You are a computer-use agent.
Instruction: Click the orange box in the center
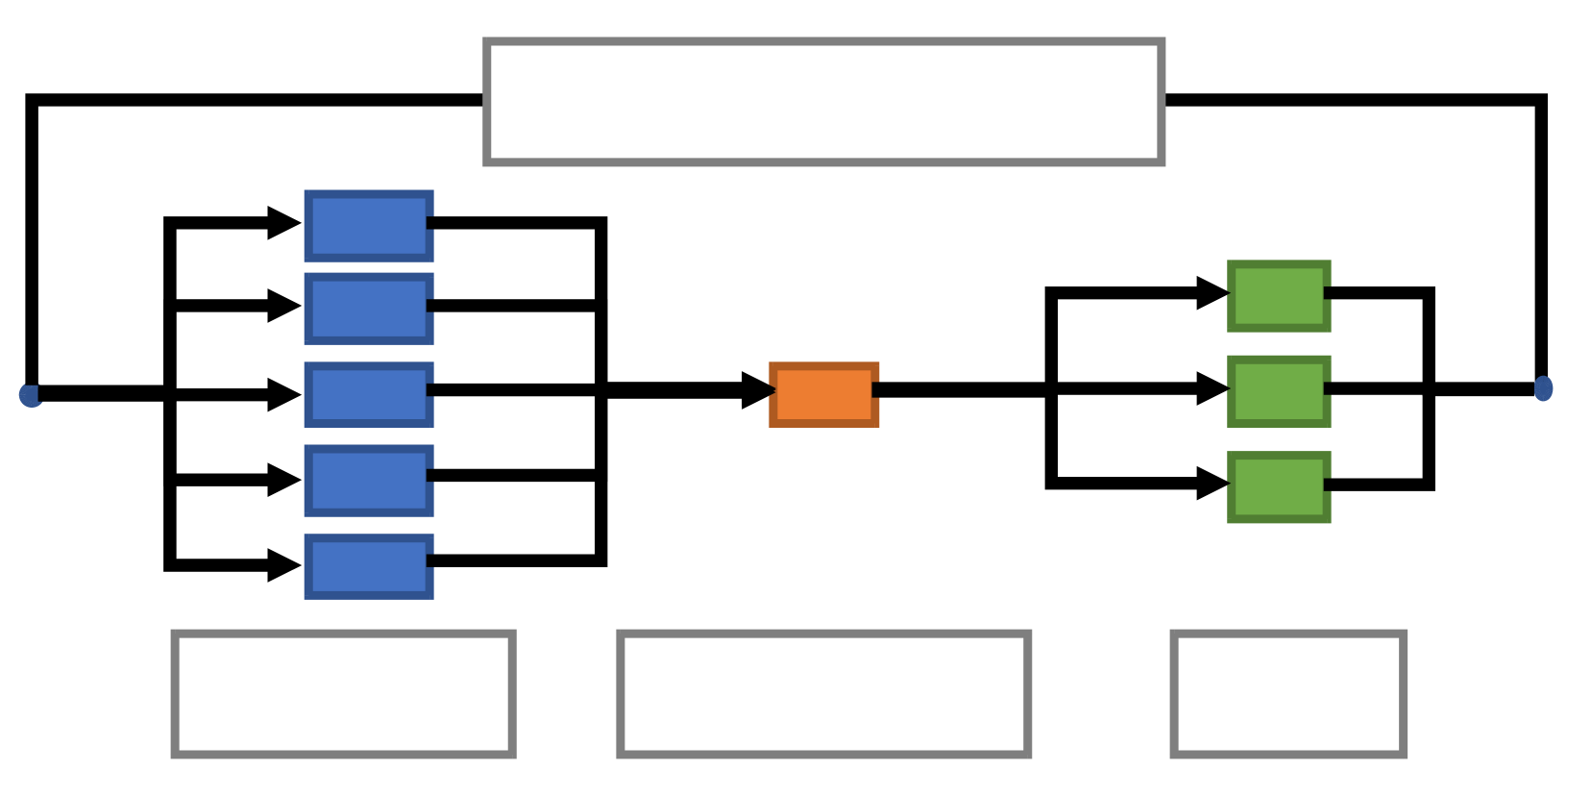pos(823,394)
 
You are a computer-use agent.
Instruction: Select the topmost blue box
pos(369,226)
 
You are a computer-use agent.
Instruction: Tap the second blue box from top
pos(369,309)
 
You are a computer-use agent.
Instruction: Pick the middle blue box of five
pos(369,394)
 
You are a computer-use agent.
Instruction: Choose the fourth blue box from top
pos(369,480)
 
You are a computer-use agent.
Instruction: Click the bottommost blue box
pos(369,566)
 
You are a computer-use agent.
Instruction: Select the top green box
pos(1279,296)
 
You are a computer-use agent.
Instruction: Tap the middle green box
pos(1279,391)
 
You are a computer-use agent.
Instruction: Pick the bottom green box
pos(1279,486)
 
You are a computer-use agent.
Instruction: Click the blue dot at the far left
pos(31,395)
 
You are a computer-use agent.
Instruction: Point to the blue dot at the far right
pos(1543,388)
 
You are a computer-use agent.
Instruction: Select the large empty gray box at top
pos(824,102)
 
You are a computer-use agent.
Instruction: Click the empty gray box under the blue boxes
pos(343,694)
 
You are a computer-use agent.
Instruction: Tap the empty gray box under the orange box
pos(823,694)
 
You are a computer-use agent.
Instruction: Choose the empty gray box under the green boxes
pos(1288,694)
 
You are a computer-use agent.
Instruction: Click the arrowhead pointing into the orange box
pos(759,390)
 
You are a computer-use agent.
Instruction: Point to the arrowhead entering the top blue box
pos(284,223)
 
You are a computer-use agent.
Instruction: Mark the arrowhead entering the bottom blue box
pos(284,565)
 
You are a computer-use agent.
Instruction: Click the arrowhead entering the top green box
pos(1212,293)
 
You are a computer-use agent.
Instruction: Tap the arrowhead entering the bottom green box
pos(1212,484)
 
